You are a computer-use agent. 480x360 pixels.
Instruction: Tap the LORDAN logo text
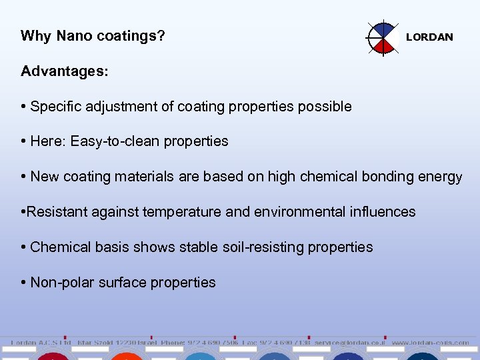pos(429,37)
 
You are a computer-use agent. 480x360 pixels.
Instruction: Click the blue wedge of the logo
pos(383,29)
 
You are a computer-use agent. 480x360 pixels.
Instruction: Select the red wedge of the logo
pos(383,45)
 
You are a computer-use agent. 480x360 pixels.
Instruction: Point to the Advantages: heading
pos(64,71)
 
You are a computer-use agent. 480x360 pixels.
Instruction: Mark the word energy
pos(441,177)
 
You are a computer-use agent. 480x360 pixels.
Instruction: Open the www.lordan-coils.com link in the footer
pos(430,343)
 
